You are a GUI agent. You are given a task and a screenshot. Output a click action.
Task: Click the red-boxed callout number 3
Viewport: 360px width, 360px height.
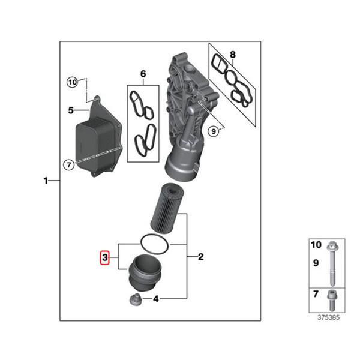104,257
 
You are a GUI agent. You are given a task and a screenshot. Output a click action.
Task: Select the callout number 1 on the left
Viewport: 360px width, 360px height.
46,181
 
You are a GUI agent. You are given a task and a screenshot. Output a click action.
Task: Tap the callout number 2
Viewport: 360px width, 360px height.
200,257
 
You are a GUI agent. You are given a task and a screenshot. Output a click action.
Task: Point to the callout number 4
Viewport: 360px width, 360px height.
156,299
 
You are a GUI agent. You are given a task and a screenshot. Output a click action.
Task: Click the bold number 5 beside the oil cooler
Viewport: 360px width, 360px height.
71,110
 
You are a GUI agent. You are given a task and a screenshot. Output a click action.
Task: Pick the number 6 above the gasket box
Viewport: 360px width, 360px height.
143,74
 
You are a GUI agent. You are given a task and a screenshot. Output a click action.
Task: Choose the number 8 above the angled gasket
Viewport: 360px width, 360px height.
233,55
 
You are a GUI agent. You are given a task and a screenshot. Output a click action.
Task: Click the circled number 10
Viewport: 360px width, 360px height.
73,82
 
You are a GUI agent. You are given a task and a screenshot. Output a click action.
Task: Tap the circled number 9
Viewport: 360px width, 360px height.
214,131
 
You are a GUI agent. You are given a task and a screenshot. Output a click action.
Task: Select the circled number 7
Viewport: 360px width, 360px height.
69,164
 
